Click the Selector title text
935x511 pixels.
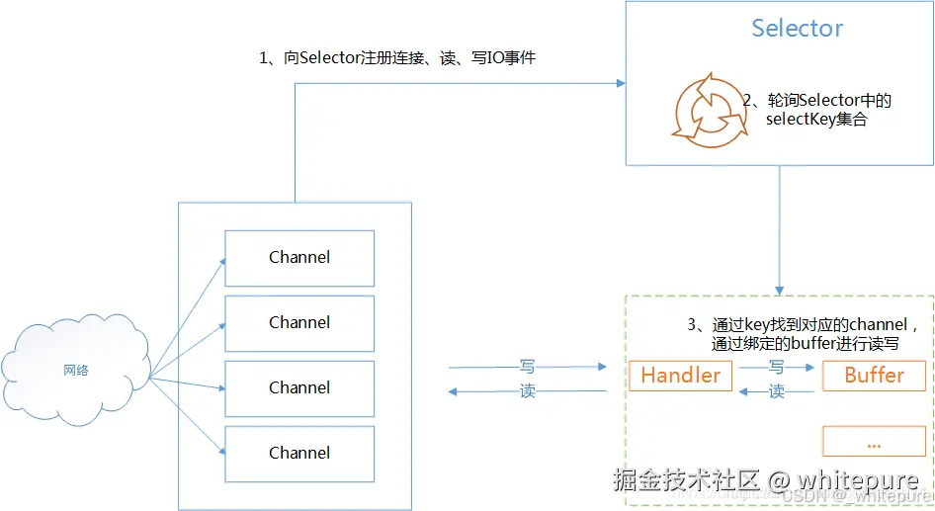pyautogui.click(x=798, y=28)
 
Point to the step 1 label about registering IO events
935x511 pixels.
pyautogui.click(x=397, y=58)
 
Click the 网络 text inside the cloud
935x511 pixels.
pyautogui.click(x=76, y=371)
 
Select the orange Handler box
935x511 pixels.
pyautogui.click(x=680, y=376)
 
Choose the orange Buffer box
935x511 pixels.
pyautogui.click(x=874, y=376)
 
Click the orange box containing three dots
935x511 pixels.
pyautogui.click(x=874, y=441)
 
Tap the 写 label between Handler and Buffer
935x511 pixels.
pyautogui.click(x=777, y=367)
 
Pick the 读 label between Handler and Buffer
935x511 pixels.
pyautogui.click(x=777, y=391)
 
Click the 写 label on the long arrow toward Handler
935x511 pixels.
pyautogui.click(x=527, y=366)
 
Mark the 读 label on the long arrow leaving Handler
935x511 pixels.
pyautogui.click(x=527, y=391)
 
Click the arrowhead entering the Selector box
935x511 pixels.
pyautogui.click(x=622, y=83)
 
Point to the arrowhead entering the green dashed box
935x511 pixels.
pyautogui.click(x=780, y=291)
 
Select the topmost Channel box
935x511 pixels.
pyautogui.click(x=299, y=258)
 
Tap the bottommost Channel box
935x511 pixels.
pyautogui.click(x=299, y=454)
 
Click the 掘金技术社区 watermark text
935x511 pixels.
pyautogui.click(x=686, y=480)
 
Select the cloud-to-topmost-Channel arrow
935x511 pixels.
pyautogui.click(x=187, y=318)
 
